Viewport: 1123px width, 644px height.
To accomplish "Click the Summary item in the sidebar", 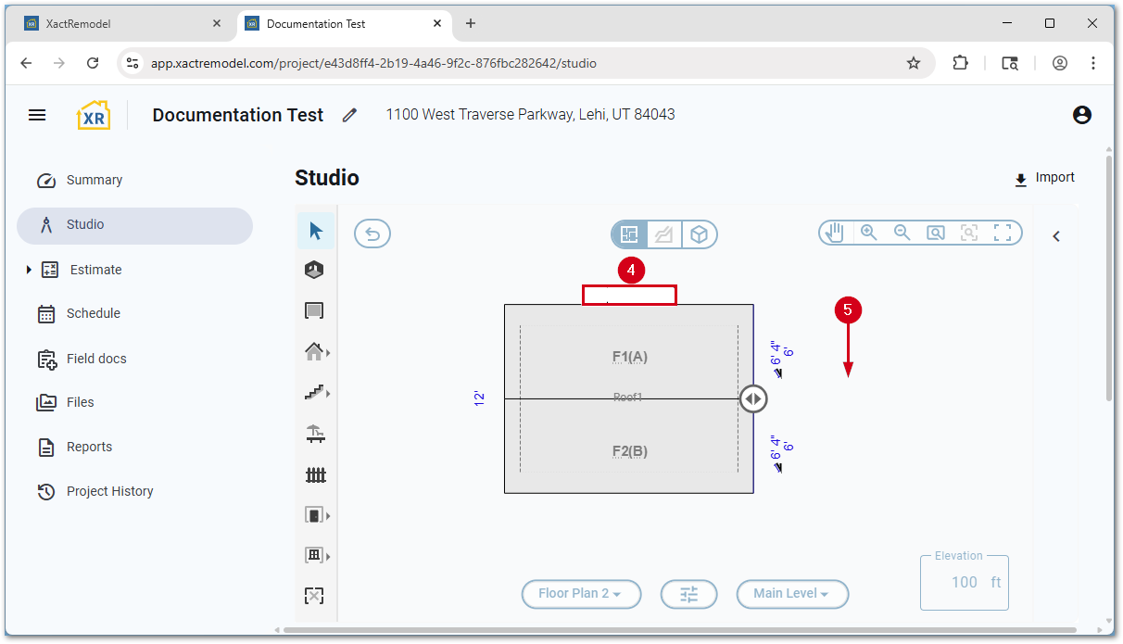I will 94,181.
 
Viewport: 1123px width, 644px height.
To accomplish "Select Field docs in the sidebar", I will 96,359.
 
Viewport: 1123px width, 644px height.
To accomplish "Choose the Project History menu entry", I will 109,491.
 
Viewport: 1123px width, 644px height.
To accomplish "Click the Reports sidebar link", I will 89,447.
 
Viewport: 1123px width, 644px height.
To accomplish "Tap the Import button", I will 1045,178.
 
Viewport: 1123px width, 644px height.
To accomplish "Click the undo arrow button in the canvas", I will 372,234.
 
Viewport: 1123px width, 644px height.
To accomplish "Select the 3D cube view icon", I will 700,234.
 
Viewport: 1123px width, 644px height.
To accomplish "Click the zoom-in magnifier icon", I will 868,233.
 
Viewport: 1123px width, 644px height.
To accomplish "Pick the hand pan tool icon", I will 835,233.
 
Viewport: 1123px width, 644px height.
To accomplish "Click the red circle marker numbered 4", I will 630,270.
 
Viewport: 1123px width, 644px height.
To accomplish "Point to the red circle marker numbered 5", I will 848,309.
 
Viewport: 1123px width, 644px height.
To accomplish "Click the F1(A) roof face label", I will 629,357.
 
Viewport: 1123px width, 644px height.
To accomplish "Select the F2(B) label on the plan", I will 629,451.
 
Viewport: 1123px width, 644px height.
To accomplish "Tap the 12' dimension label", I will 479,398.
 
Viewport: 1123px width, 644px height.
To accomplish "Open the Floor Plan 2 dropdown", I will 581,594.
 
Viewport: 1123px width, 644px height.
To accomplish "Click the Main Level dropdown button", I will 792,594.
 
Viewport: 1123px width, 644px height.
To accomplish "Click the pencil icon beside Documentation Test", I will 349,115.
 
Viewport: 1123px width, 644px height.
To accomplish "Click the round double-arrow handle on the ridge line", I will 753,399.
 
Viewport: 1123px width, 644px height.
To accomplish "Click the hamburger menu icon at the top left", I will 37,115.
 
